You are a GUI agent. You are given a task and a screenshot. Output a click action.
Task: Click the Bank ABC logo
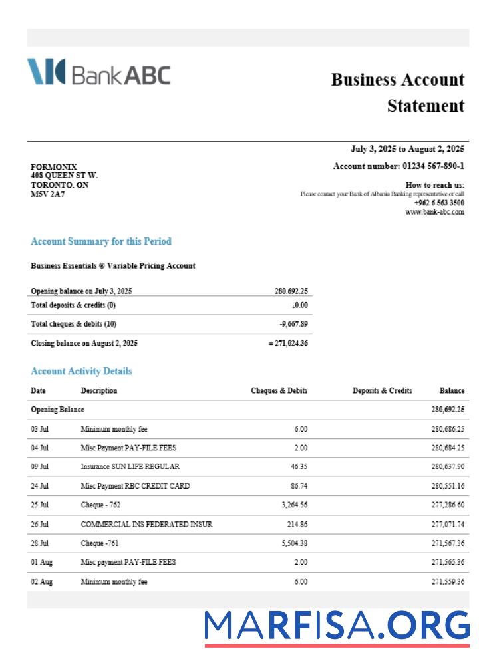coord(98,72)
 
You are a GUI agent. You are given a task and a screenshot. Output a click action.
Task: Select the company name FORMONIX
coord(54,166)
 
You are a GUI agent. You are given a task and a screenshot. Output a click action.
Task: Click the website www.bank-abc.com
coord(434,212)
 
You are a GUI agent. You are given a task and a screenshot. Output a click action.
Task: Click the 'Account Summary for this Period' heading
coord(100,241)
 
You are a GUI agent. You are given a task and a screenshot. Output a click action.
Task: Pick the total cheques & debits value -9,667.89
coord(293,324)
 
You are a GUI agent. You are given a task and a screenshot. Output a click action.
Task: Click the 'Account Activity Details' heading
coord(81,371)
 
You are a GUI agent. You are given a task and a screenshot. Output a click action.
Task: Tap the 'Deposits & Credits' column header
coord(382,391)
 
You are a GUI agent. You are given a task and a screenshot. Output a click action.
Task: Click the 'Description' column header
coord(98,391)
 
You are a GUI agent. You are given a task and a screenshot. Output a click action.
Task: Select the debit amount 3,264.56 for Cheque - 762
coord(294,505)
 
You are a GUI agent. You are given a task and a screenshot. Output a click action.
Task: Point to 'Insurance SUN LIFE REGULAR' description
coord(130,467)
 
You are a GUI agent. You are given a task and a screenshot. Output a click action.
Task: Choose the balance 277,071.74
coord(448,525)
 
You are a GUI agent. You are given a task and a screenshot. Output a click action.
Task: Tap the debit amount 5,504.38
coord(294,543)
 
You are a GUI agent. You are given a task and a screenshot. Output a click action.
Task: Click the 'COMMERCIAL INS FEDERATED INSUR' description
coord(146,525)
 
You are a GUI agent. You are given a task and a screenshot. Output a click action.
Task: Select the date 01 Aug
coord(41,563)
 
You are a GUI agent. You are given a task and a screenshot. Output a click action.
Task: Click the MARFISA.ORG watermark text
coord(337,626)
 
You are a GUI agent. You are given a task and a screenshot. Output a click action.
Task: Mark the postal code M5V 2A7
coord(48,194)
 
